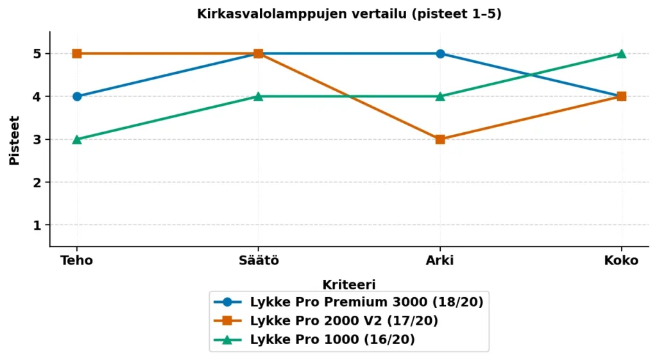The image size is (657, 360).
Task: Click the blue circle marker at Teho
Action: (x=77, y=96)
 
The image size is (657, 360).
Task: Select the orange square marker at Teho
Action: (x=77, y=53)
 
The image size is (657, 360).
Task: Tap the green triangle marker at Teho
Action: (x=77, y=139)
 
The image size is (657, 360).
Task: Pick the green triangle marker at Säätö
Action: (x=258, y=96)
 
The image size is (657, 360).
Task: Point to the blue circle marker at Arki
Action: (x=440, y=53)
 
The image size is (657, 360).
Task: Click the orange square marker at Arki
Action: (x=440, y=139)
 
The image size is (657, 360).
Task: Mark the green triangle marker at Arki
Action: (x=440, y=96)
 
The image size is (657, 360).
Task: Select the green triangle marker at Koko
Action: (x=621, y=53)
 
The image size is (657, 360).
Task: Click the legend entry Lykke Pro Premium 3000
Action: (x=366, y=302)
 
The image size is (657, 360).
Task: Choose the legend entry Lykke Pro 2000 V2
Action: (x=353, y=320)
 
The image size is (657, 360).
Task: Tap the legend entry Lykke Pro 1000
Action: (x=332, y=339)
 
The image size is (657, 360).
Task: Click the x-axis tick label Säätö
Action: (x=258, y=261)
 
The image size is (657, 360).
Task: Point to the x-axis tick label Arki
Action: (x=440, y=261)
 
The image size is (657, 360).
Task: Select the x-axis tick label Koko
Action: (x=621, y=261)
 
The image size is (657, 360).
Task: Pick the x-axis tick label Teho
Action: (x=77, y=261)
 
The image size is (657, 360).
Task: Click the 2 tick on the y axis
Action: (x=38, y=182)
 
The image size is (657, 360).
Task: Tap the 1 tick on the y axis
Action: (x=38, y=225)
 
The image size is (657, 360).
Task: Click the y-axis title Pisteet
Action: (x=15, y=140)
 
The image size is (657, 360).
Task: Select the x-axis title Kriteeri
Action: (x=348, y=284)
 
